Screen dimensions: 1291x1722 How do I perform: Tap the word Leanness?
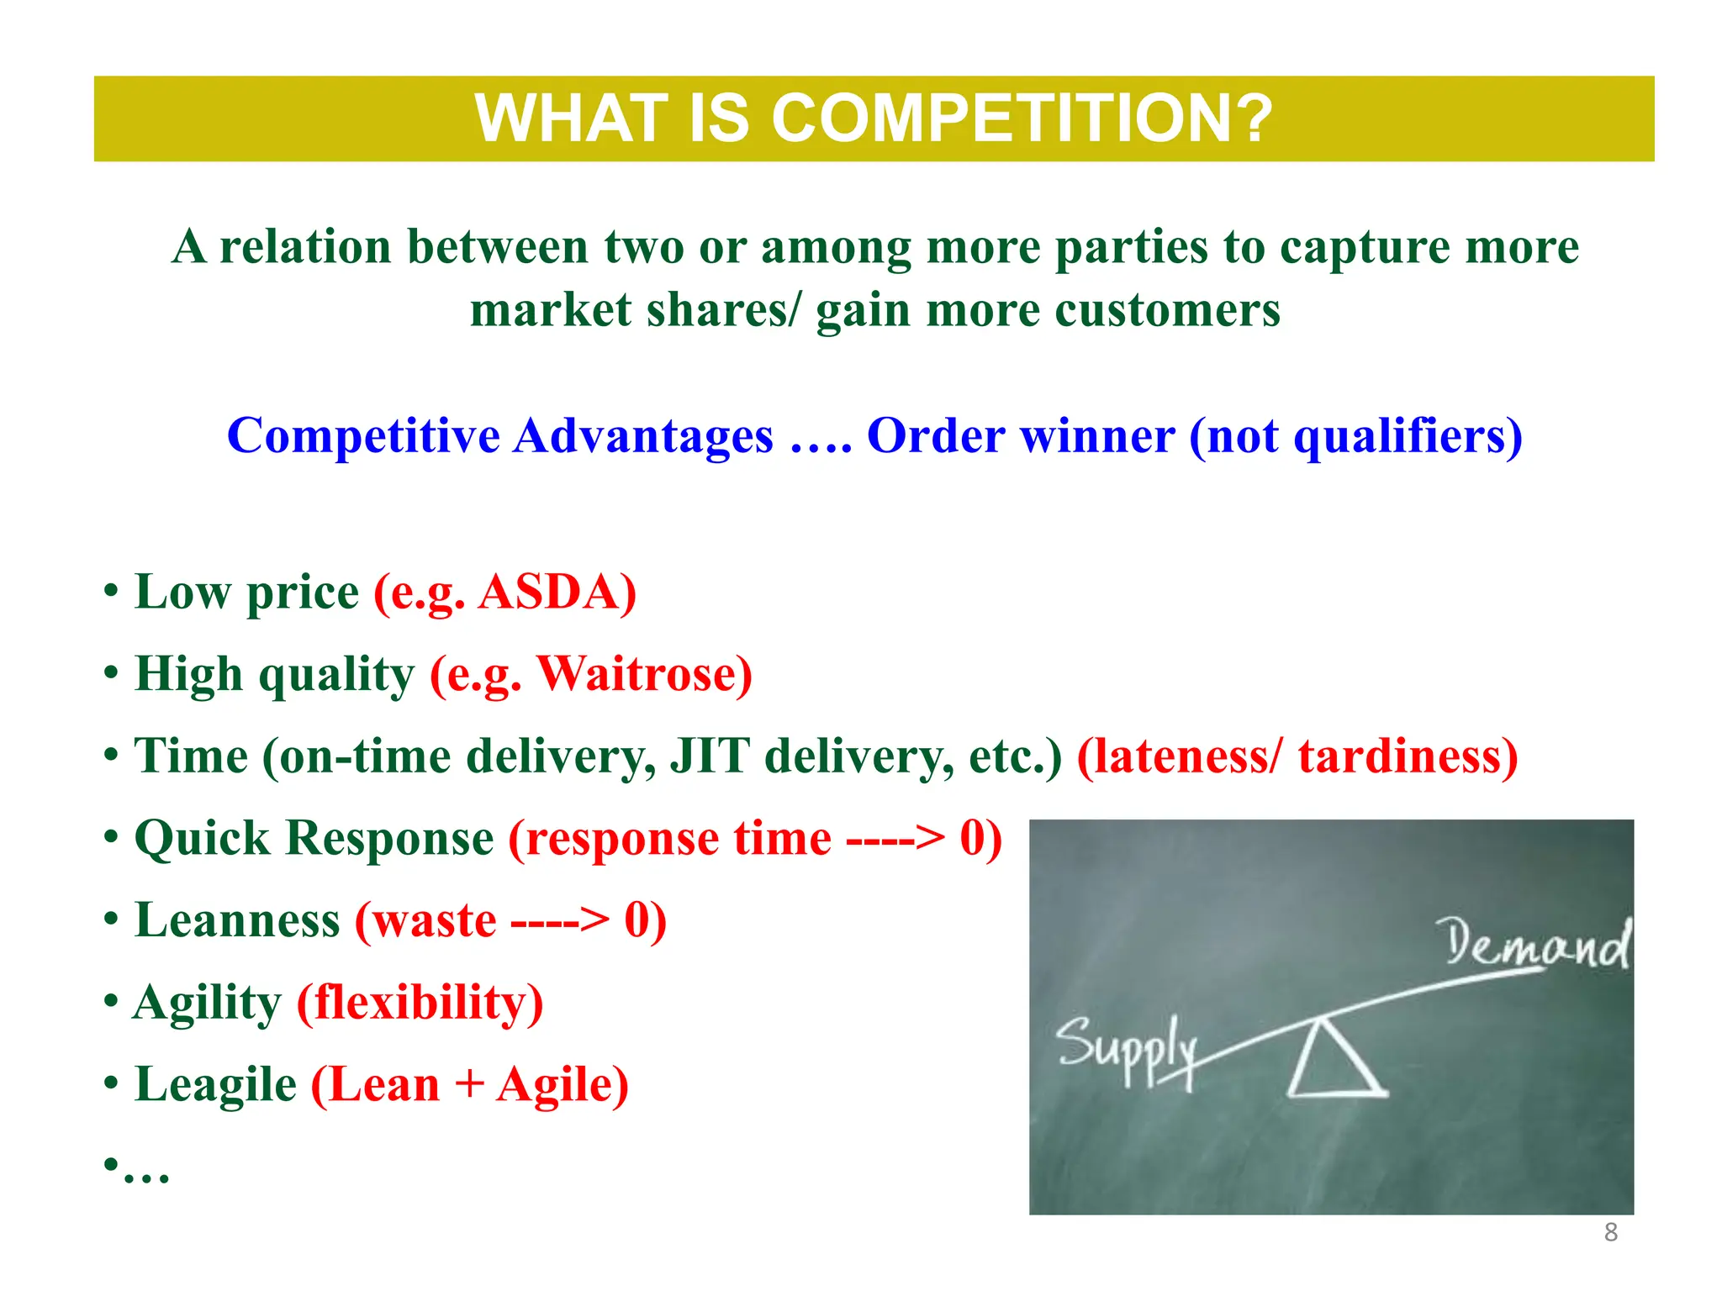pyautogui.click(x=237, y=920)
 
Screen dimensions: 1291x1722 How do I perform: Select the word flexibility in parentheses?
pyautogui.click(x=419, y=1002)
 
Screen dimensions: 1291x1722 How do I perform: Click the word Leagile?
pyautogui.click(x=215, y=1084)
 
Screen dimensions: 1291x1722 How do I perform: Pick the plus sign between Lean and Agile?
pyautogui.click(x=468, y=1084)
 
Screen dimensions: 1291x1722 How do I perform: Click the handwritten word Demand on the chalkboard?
pyautogui.click(x=1534, y=945)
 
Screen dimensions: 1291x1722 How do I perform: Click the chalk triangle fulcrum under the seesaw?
pyautogui.click(x=1334, y=1063)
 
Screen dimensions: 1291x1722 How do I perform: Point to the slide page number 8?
pyautogui.click(x=1610, y=1232)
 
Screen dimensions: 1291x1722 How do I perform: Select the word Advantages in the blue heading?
pyautogui.click(x=643, y=436)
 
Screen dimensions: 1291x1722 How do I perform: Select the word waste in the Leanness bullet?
pyautogui.click(x=434, y=920)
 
